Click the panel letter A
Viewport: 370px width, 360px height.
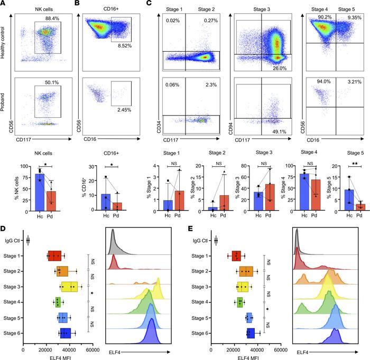[x=5, y=4]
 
